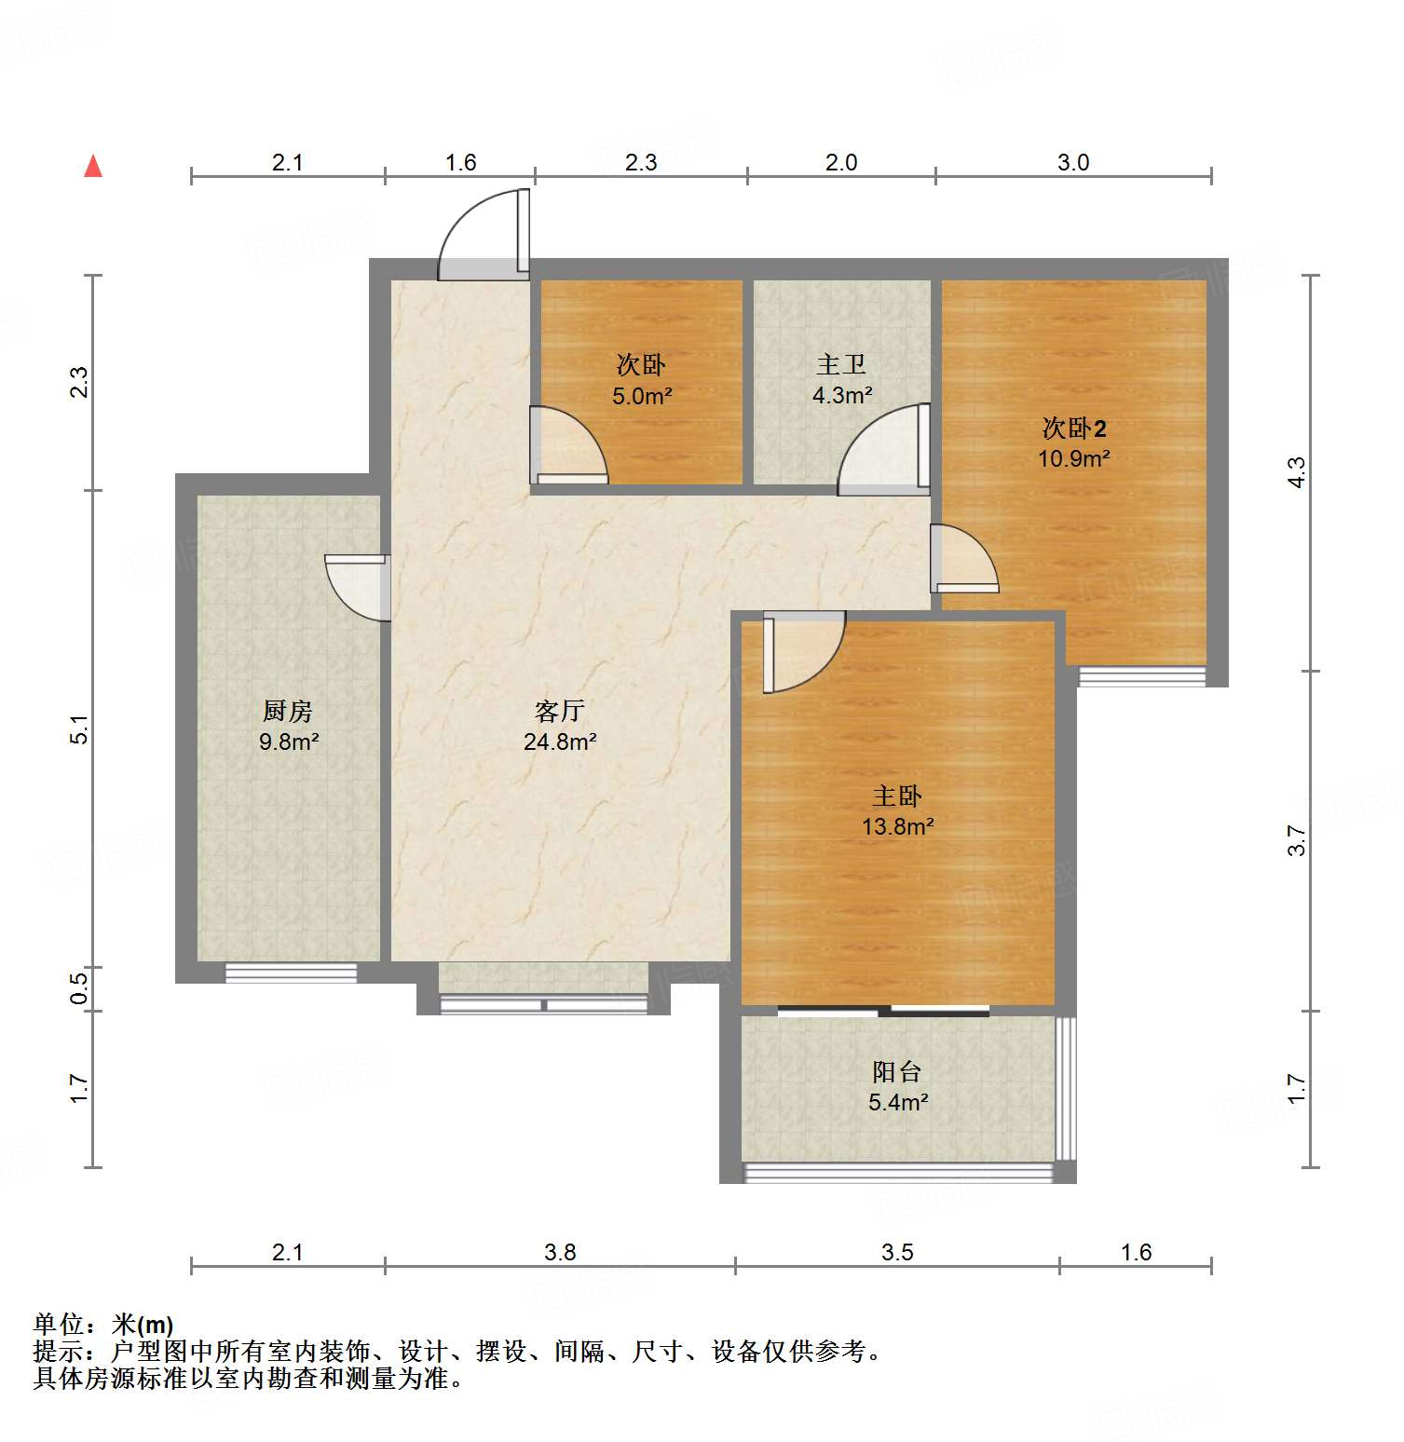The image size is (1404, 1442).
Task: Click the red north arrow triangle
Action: (x=93, y=167)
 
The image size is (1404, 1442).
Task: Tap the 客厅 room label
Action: (x=559, y=712)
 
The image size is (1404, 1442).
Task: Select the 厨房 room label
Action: (x=287, y=712)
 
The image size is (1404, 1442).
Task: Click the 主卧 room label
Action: (x=896, y=796)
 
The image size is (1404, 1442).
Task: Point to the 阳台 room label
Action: (x=896, y=1071)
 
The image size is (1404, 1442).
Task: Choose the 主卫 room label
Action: (x=840, y=364)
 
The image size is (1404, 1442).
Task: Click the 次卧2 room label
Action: (x=1073, y=429)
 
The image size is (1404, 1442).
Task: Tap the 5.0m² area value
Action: (x=642, y=397)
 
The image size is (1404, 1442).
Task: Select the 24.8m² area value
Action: (x=559, y=742)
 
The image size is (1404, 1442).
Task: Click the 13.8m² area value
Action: (x=897, y=826)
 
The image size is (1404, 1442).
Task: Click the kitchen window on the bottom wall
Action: (x=291, y=973)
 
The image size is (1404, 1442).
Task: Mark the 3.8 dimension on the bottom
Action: (x=560, y=1252)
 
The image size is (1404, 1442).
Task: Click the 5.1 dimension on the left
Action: (x=80, y=729)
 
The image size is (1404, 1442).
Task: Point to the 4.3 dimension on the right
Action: (x=1296, y=472)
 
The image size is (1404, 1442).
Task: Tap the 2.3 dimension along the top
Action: (x=641, y=163)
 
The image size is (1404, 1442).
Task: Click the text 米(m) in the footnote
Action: (x=143, y=1325)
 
